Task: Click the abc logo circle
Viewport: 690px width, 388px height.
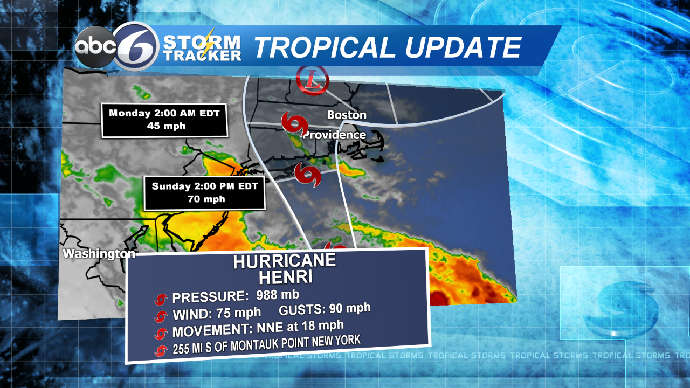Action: [96, 47]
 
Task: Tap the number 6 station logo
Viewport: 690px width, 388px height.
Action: [136, 46]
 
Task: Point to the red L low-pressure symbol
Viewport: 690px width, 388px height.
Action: [312, 81]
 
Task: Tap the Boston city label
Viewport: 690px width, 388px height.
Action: [347, 115]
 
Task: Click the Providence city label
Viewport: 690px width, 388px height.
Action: [334, 135]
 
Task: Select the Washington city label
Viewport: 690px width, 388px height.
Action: [98, 253]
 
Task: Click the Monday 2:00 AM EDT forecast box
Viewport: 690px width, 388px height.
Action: [164, 120]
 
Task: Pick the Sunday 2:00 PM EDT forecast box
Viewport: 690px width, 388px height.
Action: [204, 192]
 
